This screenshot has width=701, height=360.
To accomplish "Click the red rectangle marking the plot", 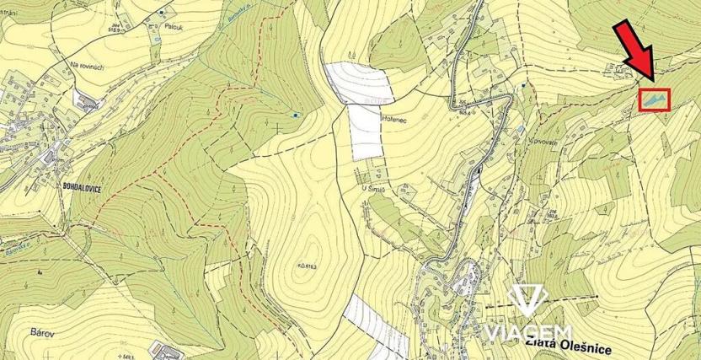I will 654,99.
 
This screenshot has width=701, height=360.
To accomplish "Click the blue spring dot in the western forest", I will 295,114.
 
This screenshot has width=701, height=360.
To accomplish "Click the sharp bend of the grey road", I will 508,99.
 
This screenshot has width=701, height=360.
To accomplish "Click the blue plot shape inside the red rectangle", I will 654,100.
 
